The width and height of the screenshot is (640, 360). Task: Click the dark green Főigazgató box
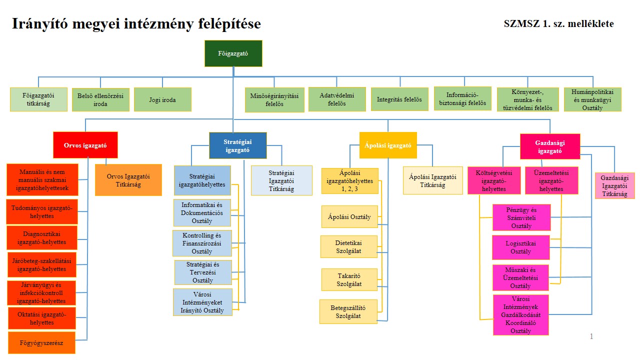pos(233,53)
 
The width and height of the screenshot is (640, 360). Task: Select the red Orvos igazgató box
pos(85,144)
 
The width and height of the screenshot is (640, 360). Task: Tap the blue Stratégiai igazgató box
pos(237,145)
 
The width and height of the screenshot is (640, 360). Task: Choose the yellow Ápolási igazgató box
pos(388,145)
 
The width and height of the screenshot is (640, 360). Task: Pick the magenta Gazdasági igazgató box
pos(550,147)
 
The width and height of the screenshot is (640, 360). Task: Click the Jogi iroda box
pos(162,99)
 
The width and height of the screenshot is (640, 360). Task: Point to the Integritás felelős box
pos(399,99)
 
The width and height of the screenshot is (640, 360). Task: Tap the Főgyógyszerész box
pos(41,343)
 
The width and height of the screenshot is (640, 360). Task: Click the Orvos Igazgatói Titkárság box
pos(128,180)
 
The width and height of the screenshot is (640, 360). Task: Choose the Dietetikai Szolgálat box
pos(349,246)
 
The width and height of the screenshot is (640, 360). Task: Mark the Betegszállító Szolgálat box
pos(348,311)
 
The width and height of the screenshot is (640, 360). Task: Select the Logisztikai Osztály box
pos(521,247)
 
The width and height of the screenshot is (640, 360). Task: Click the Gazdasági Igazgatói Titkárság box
pos(614,186)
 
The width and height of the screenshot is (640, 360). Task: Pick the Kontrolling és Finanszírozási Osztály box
pos(202,243)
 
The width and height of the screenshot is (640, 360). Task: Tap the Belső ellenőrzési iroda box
pos(100,99)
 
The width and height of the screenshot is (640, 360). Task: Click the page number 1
pos(591,336)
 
